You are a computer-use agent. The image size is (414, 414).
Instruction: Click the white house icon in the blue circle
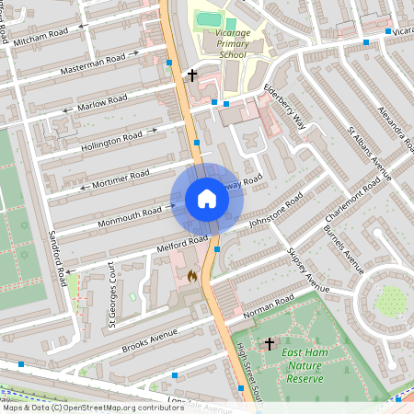(207, 199)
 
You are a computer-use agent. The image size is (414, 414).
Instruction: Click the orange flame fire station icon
(192, 275)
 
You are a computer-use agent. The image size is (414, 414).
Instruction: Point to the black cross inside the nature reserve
(269, 344)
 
